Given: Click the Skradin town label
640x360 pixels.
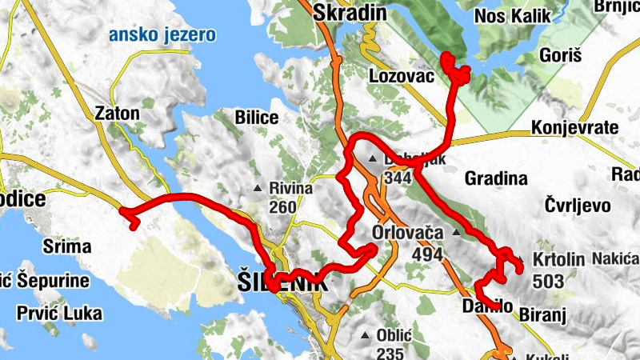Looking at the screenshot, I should point(350,12).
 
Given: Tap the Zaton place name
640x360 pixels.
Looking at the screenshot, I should point(117,113).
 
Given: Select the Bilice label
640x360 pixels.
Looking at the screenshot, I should point(256,118).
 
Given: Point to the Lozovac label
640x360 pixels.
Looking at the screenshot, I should point(402,76).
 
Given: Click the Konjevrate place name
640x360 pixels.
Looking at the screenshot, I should point(575,128).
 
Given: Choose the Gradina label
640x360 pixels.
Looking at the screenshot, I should point(496,178).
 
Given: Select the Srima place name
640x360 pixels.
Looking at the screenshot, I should point(66,246).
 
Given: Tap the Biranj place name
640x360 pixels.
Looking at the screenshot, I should point(542,315).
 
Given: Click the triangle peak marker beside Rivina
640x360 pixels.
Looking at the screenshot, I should point(258,189).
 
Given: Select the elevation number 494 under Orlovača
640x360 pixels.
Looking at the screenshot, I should point(429,254).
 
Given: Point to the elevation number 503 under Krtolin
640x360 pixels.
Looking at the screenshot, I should point(549,281).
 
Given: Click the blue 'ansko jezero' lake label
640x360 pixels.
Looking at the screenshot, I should point(163,34).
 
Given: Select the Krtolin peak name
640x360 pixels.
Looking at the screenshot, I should point(558,261).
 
